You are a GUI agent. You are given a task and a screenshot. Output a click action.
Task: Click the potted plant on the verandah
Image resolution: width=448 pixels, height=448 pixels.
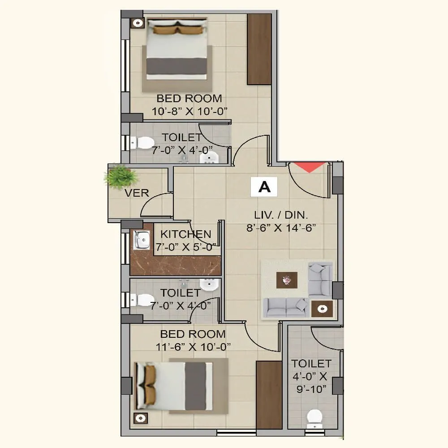tap(120, 176)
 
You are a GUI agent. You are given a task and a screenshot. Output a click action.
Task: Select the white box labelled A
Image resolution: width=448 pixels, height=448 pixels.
tap(264, 187)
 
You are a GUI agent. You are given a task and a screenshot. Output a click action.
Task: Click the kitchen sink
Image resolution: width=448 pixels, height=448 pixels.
tap(142, 241)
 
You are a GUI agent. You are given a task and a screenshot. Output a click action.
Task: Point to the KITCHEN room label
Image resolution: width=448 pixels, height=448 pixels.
tap(185, 234)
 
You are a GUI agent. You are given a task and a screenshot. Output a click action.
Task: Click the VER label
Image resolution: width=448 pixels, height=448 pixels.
tap(137, 193)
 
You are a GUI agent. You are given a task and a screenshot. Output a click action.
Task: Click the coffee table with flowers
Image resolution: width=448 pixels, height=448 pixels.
tap(286, 281)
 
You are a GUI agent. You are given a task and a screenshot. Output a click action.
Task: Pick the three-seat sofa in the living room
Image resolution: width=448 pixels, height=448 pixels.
tap(286, 307)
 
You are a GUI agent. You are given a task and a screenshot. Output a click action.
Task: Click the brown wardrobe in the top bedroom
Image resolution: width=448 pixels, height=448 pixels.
tap(259, 49)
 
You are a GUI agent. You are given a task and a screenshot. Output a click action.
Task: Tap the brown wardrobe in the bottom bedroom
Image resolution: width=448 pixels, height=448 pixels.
tap(269, 394)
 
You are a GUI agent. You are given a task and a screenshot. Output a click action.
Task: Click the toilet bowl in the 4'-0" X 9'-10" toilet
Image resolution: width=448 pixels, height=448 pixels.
tap(314, 417)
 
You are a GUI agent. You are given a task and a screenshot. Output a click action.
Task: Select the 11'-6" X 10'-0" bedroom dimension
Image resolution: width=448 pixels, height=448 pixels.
tap(193, 346)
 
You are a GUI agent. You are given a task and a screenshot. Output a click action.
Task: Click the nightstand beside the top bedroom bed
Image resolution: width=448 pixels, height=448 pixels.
tap(137, 22)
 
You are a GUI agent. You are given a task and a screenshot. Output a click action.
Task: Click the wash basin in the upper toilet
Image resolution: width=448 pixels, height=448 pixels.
tap(210, 157)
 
